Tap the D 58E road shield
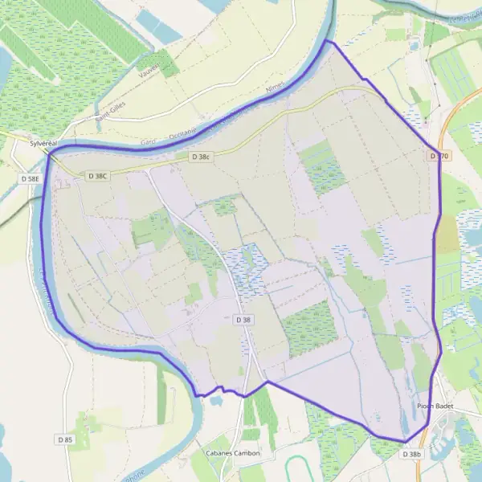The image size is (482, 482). pos(31,178)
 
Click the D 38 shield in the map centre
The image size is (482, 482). pos(243,320)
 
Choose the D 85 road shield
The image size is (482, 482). pos(65,439)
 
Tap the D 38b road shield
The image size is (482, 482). pos(411,454)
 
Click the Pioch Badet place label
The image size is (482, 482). pos(435,406)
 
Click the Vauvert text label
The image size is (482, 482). pos(149,66)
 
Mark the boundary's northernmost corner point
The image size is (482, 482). pos(328,41)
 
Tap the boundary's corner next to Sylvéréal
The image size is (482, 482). pos(50,154)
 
